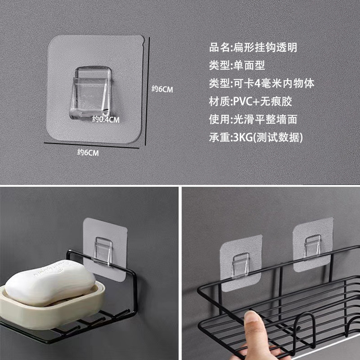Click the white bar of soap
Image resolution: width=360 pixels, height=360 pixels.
[50, 283]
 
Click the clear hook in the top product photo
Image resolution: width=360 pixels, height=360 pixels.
[90, 93]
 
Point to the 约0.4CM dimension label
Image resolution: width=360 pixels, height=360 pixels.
[106, 119]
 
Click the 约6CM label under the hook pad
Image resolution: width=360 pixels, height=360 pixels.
[88, 153]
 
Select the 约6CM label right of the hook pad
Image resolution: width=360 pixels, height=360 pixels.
[162, 89]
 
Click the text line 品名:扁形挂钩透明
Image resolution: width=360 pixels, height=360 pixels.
[253, 47]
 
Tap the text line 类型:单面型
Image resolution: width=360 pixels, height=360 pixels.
[237, 65]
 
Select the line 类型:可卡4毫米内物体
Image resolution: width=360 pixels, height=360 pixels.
[261, 83]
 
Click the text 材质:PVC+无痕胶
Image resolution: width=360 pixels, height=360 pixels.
[251, 101]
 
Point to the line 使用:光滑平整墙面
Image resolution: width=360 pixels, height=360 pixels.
[253, 119]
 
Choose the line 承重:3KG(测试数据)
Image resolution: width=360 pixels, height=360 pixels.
[256, 137]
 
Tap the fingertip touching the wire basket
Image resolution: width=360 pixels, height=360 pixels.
[252, 318]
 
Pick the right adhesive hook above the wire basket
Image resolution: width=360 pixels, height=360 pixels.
[313, 244]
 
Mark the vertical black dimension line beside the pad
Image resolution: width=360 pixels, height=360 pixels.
[148, 91]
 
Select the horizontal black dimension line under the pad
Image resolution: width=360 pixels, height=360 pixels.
[92, 145]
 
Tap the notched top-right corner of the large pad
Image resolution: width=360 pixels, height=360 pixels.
[143, 41]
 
